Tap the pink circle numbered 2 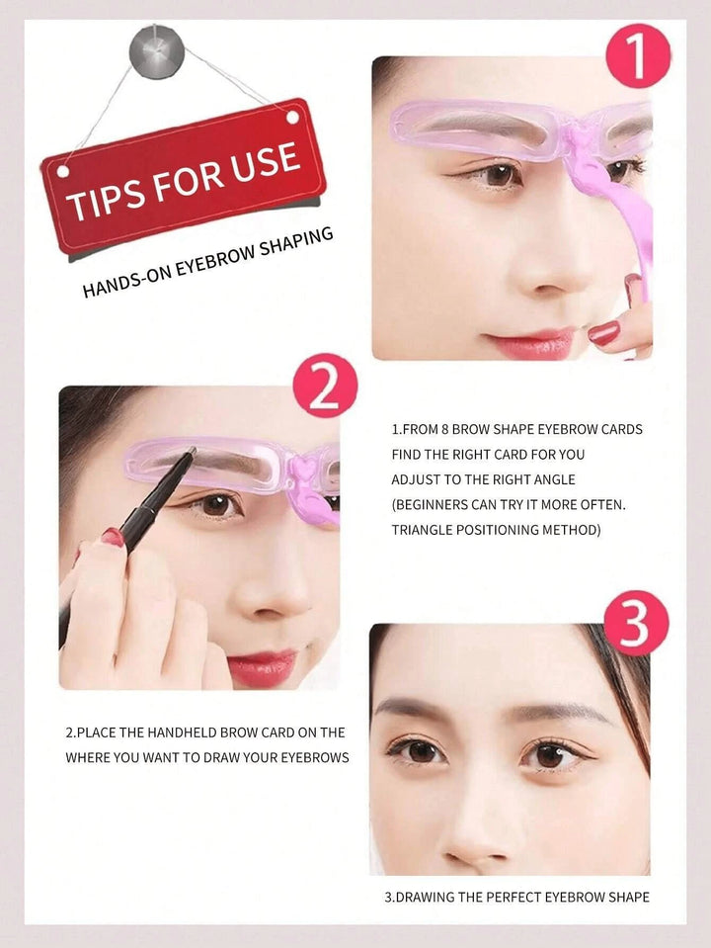pos(325,388)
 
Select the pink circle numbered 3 pos(636,623)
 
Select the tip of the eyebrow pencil pos(192,452)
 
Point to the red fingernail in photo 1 pos(603,333)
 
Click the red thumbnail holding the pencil pos(112,539)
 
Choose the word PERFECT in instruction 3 pos(510,898)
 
